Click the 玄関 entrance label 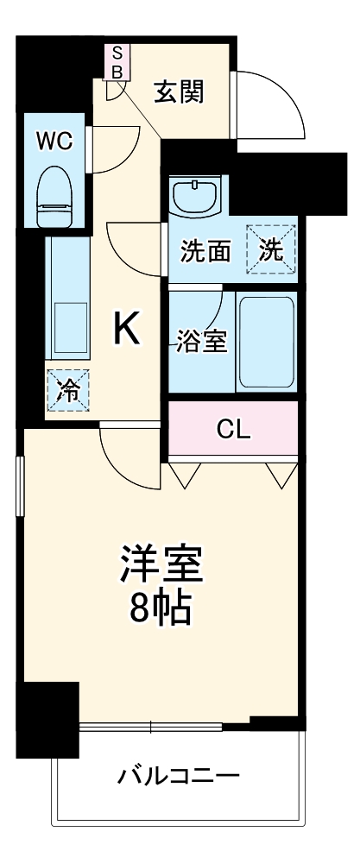[x=180, y=91]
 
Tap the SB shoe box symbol [x=116, y=63]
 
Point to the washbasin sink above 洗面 [x=196, y=196]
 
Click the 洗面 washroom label [x=206, y=252]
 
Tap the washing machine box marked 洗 [x=270, y=250]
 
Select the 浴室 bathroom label [x=201, y=342]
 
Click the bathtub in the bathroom [x=266, y=342]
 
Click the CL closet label [x=233, y=430]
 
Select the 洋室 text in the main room [x=161, y=565]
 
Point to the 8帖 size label [x=161, y=610]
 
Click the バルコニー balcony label [x=178, y=776]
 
